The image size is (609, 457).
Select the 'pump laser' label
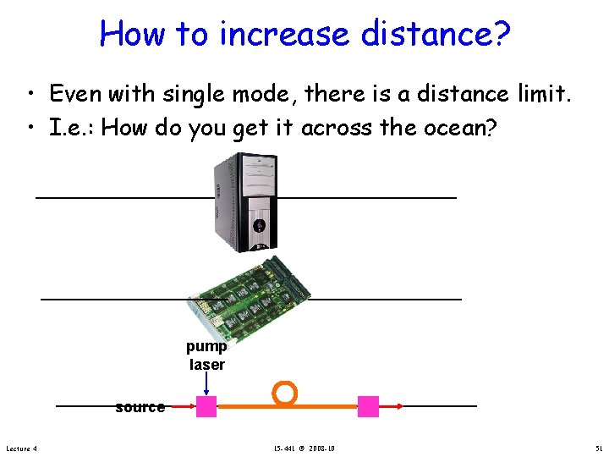[206, 355]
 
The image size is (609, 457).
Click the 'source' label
[140, 407]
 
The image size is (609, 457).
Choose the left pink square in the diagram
[206, 407]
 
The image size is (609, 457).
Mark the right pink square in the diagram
[368, 407]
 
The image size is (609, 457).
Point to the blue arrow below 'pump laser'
[206, 386]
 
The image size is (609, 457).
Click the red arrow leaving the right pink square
[391, 407]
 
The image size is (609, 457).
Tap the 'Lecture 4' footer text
[21, 448]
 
